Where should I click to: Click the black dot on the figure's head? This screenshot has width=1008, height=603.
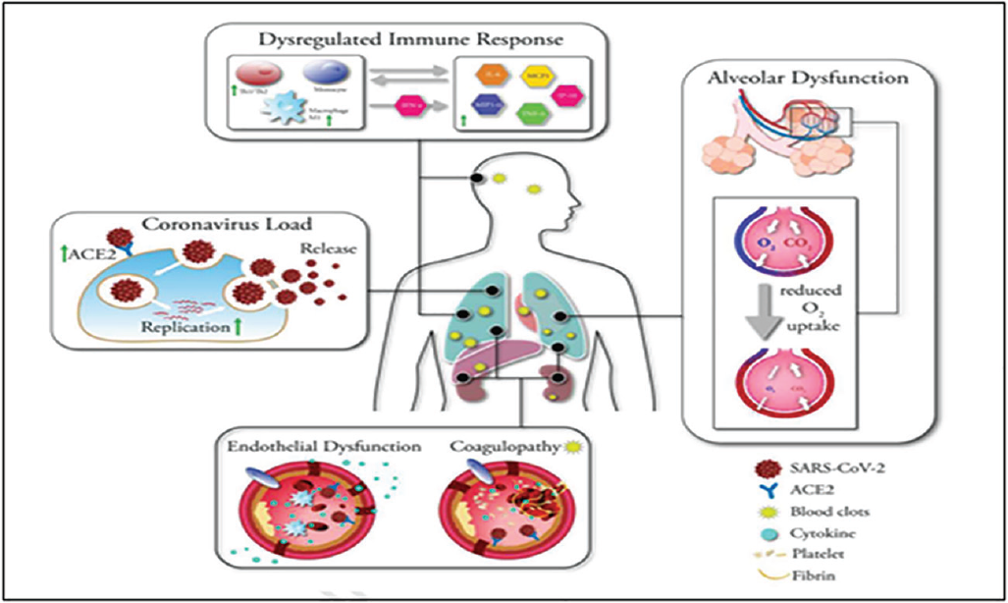478,180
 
